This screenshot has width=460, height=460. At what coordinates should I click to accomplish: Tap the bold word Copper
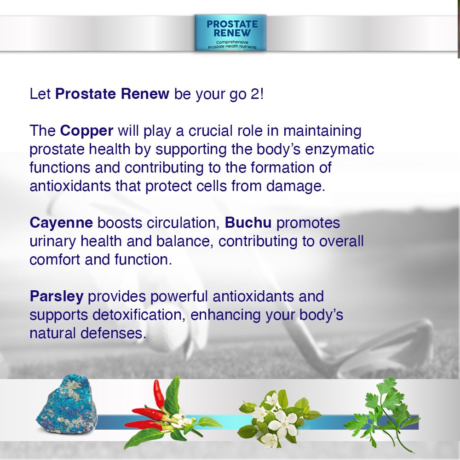click(86, 131)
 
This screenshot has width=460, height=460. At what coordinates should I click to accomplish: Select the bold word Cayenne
click(61, 223)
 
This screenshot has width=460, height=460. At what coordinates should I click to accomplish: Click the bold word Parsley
click(57, 296)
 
